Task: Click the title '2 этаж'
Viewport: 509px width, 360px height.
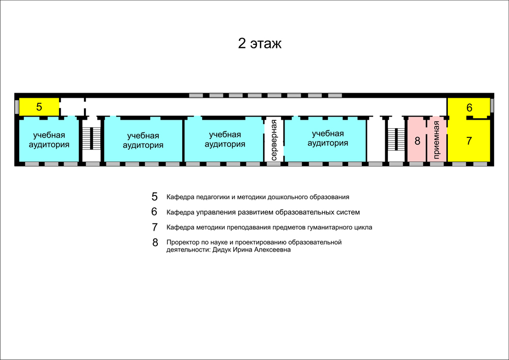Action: (x=260, y=43)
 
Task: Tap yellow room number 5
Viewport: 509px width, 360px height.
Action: (x=39, y=107)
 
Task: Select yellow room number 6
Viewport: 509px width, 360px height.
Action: (x=469, y=107)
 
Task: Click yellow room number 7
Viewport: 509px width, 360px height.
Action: (x=469, y=141)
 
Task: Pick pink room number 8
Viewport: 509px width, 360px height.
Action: (x=417, y=140)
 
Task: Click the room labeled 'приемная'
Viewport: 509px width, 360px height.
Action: (x=437, y=140)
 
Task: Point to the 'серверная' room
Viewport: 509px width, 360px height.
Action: (x=274, y=140)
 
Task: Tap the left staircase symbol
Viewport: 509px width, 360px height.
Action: (x=91, y=139)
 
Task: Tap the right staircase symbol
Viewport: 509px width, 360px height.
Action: (x=396, y=139)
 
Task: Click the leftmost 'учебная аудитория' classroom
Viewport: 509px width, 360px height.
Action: (x=49, y=140)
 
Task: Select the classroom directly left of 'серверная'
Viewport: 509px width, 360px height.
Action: (x=224, y=140)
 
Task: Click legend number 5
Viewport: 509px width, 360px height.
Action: (x=155, y=197)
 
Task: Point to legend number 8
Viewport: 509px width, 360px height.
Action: (x=155, y=242)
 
